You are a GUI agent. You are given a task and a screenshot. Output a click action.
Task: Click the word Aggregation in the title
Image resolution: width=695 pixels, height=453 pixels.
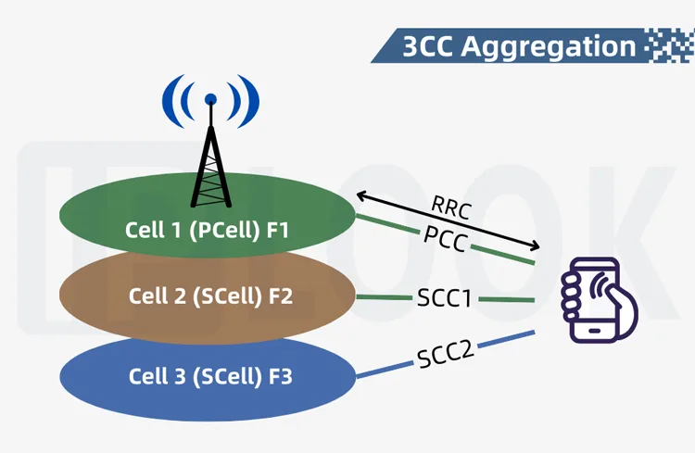[562, 45]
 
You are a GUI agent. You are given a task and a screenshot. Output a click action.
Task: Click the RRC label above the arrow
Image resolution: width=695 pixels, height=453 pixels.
[451, 208]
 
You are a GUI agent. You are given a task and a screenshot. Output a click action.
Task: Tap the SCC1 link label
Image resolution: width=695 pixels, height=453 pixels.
[445, 298]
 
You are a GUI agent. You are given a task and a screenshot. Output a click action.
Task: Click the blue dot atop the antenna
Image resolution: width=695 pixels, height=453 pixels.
[211, 97]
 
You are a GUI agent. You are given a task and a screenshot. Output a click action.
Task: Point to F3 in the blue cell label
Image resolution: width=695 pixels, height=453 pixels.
[281, 377]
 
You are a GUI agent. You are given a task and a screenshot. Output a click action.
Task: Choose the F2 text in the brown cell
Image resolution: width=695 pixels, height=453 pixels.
[281, 296]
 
